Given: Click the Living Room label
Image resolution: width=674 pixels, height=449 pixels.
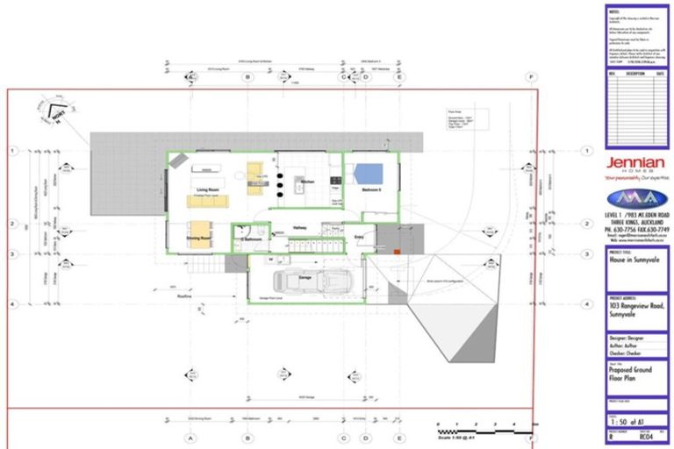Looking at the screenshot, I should pos(207,189).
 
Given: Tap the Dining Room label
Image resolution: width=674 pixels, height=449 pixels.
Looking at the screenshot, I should pos(199,238).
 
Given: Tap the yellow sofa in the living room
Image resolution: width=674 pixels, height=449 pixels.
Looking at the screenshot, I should pos(207,201).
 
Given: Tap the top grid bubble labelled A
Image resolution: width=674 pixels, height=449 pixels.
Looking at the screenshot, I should pos(187,77).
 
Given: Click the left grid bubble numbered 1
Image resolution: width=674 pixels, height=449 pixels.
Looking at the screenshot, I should pos(12,151).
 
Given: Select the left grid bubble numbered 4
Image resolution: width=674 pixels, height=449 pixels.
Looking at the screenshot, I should pos(12,303).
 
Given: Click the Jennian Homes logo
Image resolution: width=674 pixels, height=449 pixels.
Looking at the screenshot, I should pos(636,167).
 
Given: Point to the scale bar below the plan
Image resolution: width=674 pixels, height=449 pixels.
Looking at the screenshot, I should pos(480,430).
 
